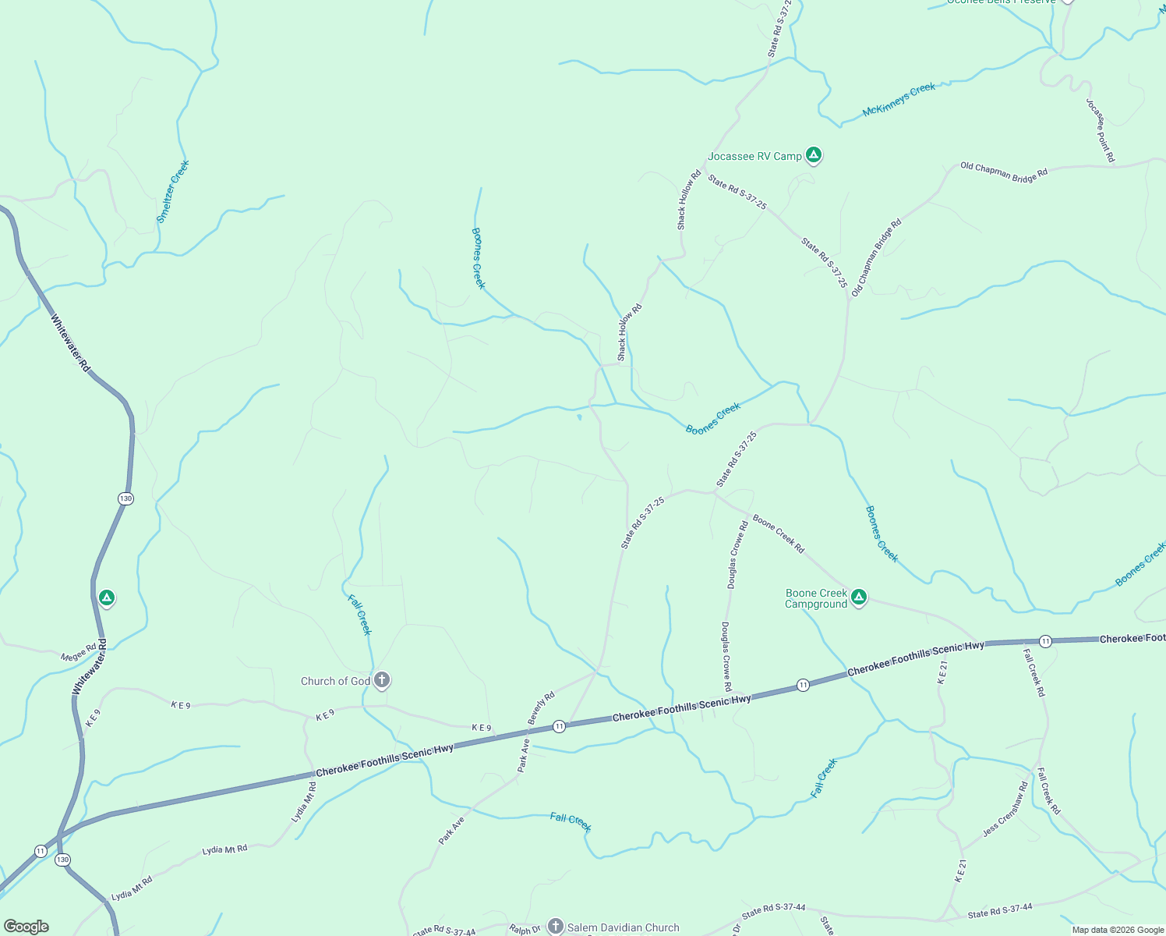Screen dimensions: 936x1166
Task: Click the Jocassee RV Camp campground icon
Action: pyautogui.click(x=813, y=155)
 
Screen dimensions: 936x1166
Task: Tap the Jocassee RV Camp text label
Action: pyautogui.click(x=754, y=156)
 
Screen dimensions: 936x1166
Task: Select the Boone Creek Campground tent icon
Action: pyautogui.click(x=858, y=597)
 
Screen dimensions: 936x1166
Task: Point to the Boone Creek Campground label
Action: pyautogui.click(x=816, y=599)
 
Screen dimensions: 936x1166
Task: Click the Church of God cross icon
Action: pyautogui.click(x=381, y=680)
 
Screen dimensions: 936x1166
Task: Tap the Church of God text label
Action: pyautogui.click(x=335, y=681)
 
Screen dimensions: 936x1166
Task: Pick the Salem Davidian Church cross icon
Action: pyautogui.click(x=555, y=926)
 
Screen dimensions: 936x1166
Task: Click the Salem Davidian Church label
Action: pyautogui.click(x=623, y=927)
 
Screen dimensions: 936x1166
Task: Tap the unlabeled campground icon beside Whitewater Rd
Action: pyautogui.click(x=107, y=598)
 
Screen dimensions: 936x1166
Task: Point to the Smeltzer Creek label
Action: pyautogui.click(x=173, y=192)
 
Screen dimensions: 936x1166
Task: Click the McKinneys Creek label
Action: pyautogui.click(x=899, y=100)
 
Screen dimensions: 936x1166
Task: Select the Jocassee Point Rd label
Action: pyautogui.click(x=1101, y=130)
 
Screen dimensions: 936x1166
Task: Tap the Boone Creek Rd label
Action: pyautogui.click(x=778, y=534)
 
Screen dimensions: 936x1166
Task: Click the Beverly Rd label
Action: pyautogui.click(x=541, y=707)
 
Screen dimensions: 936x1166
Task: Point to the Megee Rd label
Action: pyautogui.click(x=79, y=652)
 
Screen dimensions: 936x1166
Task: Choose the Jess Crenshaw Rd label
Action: pyautogui.click(x=1005, y=809)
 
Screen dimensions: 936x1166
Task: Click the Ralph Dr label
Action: pyautogui.click(x=525, y=929)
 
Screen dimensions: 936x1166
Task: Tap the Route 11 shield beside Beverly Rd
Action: pyautogui.click(x=559, y=726)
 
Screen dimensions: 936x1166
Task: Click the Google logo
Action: pyautogui.click(x=26, y=927)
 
